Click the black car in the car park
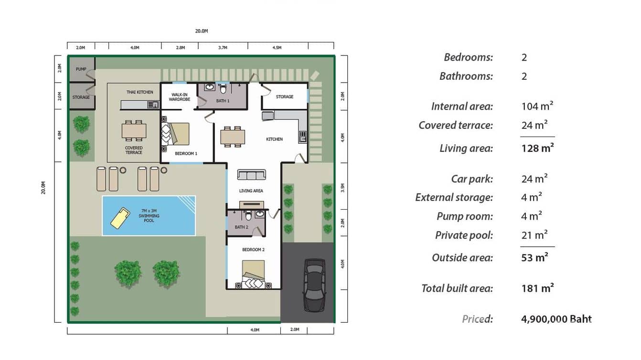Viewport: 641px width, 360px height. [314, 285]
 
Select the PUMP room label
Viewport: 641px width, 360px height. [81, 69]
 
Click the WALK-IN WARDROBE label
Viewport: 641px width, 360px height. [179, 97]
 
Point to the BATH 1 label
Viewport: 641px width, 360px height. [223, 101]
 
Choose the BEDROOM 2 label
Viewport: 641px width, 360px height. [253, 250]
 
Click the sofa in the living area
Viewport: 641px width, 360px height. [251, 175]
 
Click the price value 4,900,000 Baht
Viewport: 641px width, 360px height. [556, 319]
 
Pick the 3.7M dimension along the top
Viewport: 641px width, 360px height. [223, 48]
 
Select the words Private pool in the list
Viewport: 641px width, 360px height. [463, 235]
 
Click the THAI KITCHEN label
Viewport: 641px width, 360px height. [139, 92]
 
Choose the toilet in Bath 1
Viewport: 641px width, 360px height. [223, 89]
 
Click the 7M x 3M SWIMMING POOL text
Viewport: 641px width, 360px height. [149, 215]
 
